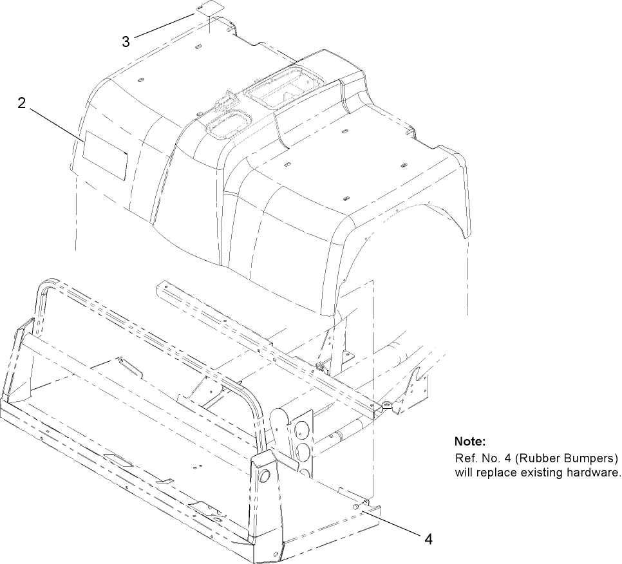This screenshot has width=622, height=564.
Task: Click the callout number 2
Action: coord(22,103)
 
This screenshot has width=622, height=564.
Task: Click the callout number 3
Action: coord(126,41)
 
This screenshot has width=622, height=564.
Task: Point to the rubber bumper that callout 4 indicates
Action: coord(356,507)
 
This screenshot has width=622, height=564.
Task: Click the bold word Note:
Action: coord(469,442)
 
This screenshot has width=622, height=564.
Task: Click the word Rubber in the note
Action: coord(529,458)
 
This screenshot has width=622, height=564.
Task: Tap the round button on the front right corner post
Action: coord(262,478)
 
